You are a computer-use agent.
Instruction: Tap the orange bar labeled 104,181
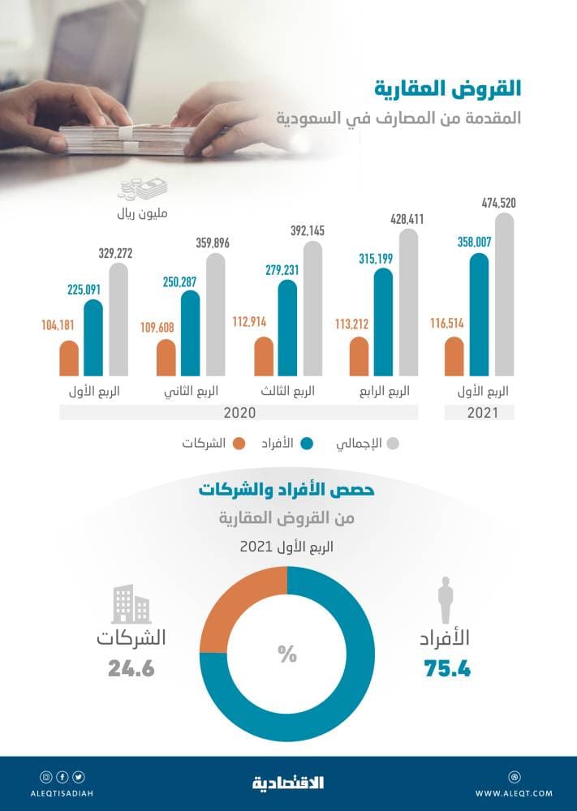tap(69, 358)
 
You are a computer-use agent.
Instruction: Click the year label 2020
tap(239, 413)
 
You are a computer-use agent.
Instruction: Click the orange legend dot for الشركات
tap(239, 444)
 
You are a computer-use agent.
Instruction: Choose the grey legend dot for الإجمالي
tap(395, 444)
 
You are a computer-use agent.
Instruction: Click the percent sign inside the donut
tap(287, 654)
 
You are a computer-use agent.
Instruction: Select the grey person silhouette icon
tap(446, 600)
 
